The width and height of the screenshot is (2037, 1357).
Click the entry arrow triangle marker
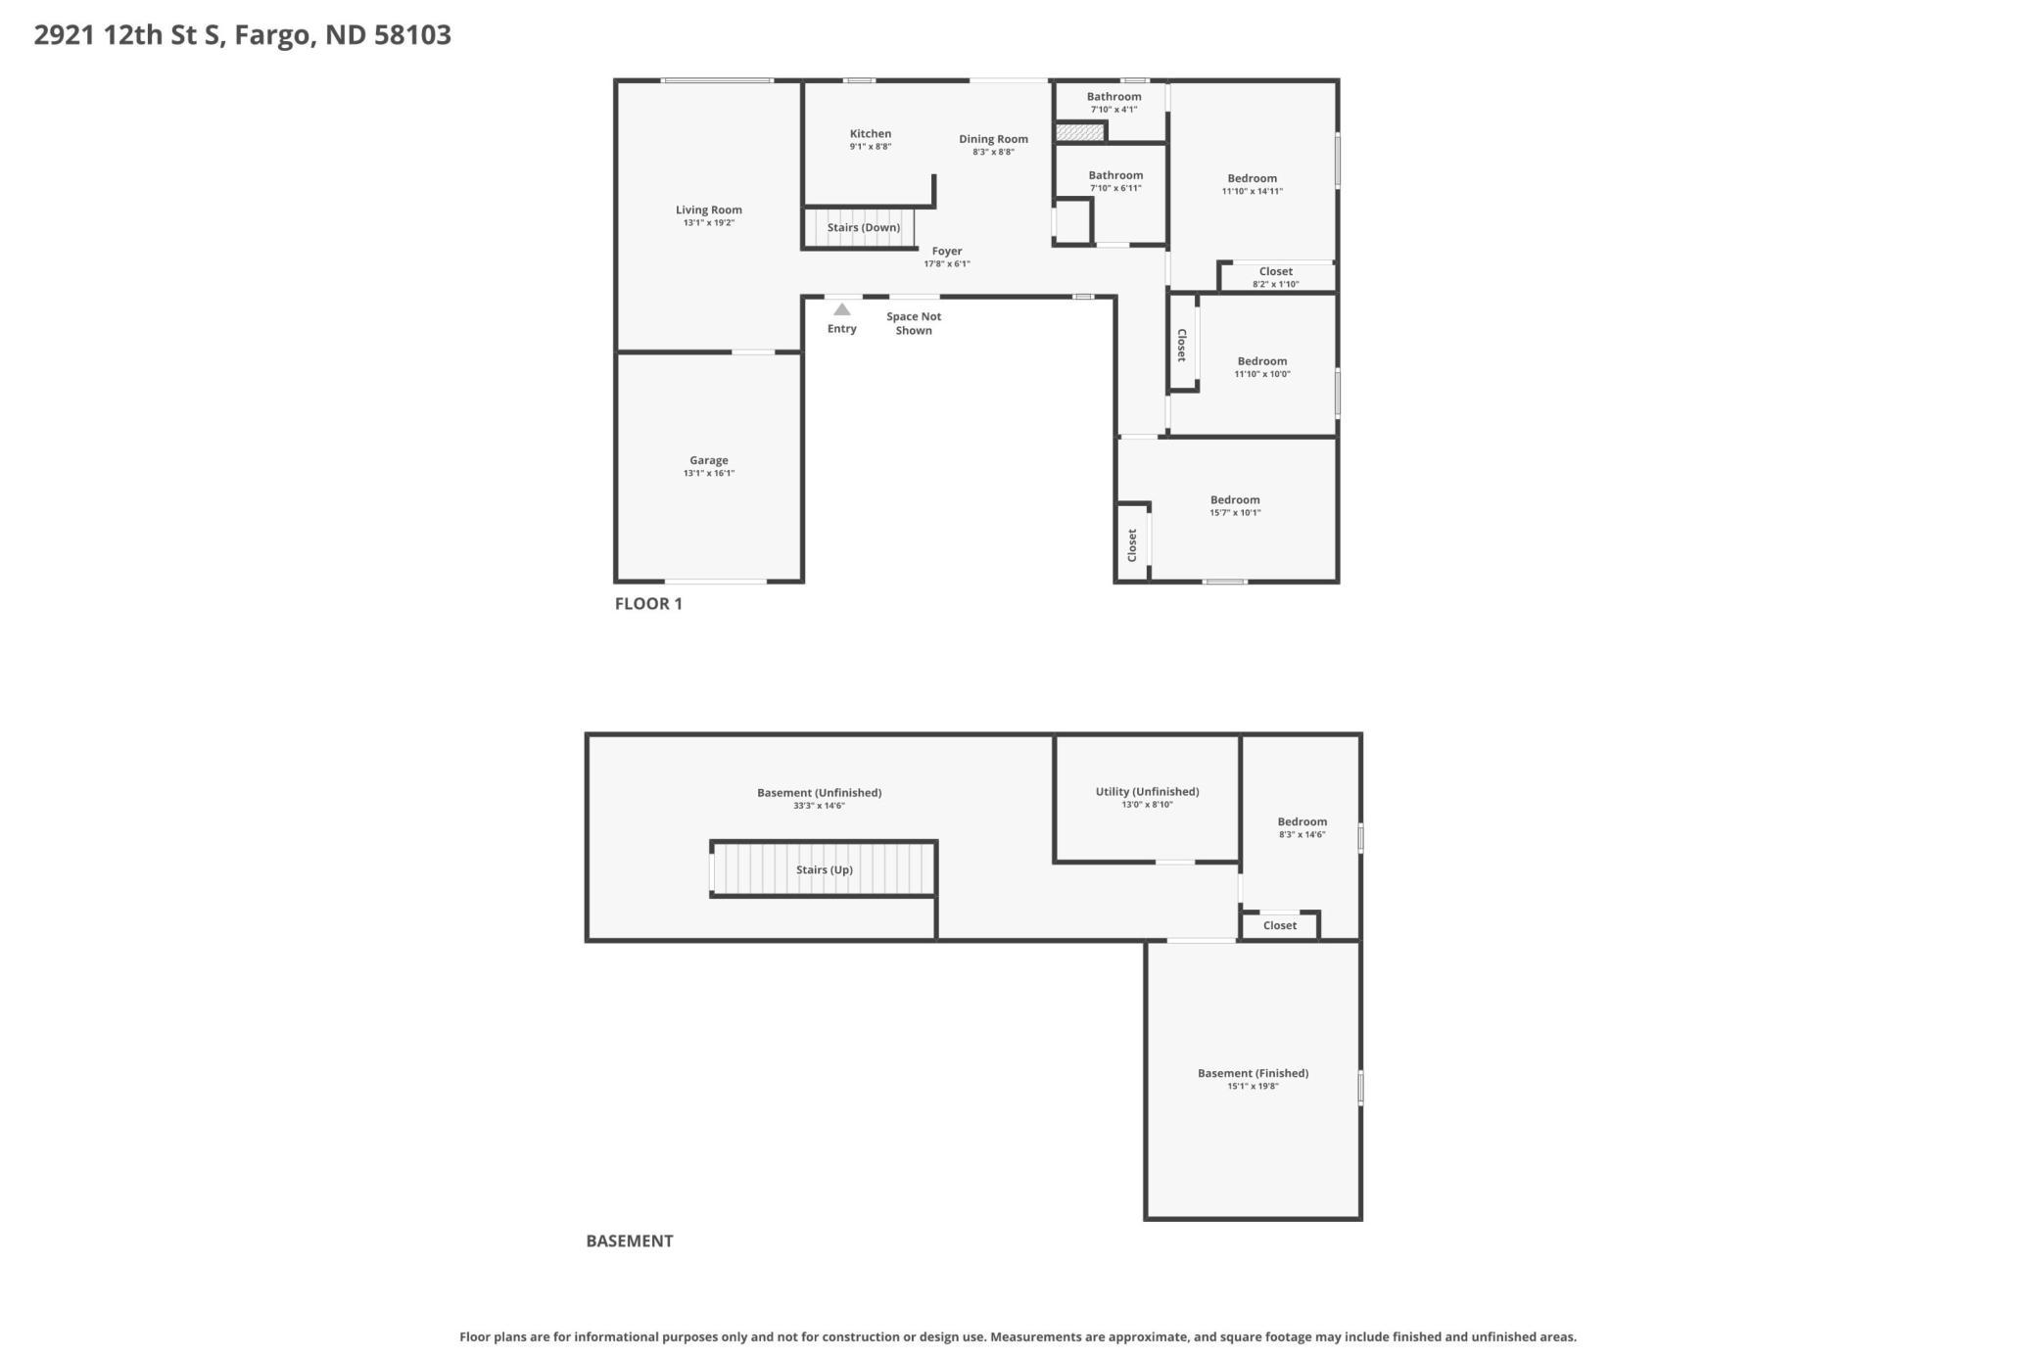842,309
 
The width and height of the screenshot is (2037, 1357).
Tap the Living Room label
709,210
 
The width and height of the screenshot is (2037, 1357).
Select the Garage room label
709,460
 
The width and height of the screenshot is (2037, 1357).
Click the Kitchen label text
871,134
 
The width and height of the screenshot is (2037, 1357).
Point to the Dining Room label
993,139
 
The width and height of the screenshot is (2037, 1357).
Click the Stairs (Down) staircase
859,227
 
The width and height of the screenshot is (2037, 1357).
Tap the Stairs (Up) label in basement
825,869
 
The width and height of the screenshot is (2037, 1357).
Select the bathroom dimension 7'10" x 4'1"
1113,110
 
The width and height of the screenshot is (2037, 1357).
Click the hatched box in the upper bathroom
1079,131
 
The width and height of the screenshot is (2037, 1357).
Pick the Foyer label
947,252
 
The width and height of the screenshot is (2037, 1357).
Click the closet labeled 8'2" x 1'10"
1276,277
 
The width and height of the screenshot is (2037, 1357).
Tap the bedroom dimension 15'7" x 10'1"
1235,513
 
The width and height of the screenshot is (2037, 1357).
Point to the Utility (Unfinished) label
1147,792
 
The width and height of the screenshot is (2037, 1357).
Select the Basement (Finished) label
1253,1073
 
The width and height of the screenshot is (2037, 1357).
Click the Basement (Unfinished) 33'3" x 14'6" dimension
819,806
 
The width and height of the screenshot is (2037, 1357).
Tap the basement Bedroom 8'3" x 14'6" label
1303,828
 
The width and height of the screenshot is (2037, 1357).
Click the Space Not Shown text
914,323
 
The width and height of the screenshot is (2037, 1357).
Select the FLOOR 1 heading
648,603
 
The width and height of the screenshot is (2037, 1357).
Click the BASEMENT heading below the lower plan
630,1240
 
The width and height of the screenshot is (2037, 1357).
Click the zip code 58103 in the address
413,34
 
